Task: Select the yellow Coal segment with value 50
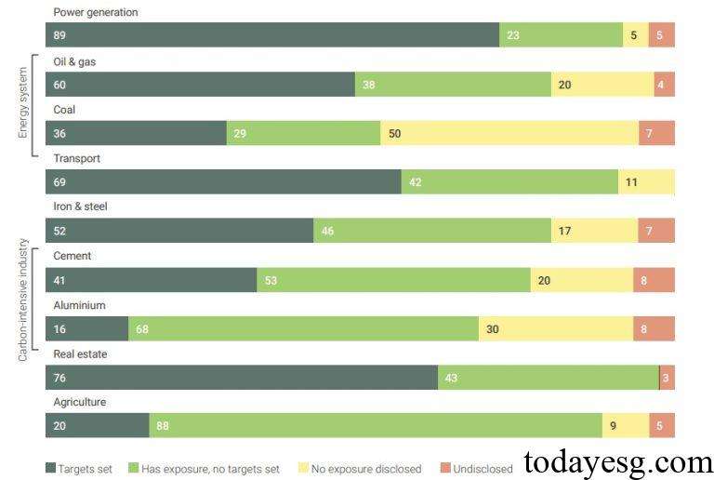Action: point(509,133)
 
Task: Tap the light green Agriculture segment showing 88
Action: point(376,426)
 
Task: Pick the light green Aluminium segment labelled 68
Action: point(303,328)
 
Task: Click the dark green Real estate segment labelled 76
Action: point(241,378)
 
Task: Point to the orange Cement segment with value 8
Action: point(654,280)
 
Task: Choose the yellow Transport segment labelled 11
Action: point(646,182)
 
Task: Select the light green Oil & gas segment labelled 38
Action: point(453,85)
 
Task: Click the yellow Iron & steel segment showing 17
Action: point(594,231)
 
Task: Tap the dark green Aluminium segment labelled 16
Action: point(86,328)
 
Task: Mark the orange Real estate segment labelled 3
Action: point(667,378)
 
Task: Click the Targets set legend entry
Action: point(79,469)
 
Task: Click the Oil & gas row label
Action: point(74,61)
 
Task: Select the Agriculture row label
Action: point(79,402)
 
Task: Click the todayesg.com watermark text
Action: point(617,462)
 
